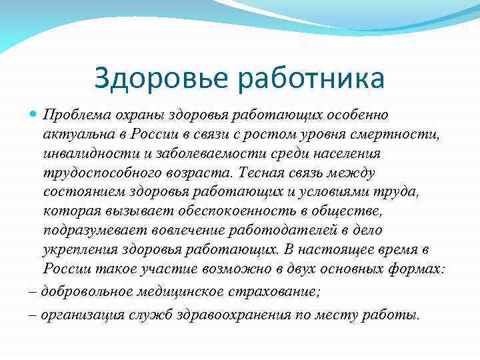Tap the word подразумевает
(x=87, y=231)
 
